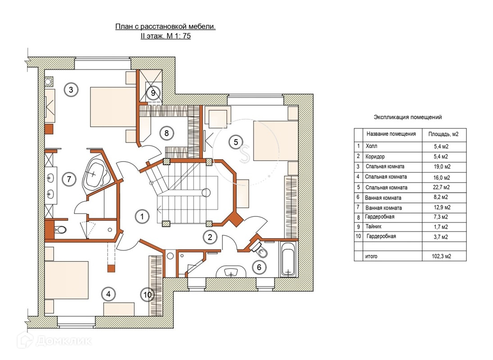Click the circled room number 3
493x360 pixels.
tap(70, 90)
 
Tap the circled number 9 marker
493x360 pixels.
tap(153, 93)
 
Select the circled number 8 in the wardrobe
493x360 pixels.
tap(166, 133)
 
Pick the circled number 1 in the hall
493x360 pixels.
tap(142, 216)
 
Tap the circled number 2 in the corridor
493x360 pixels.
tap(208, 236)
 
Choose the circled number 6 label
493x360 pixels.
tap(259, 266)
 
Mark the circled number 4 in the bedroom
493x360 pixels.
tap(108, 294)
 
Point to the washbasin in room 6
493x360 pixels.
tap(231, 272)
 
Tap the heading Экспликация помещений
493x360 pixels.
tap(407, 117)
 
